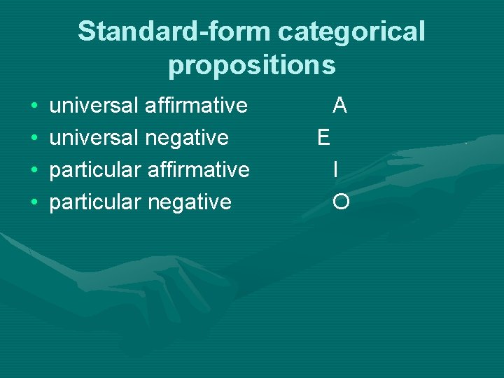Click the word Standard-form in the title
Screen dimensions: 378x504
[174, 31]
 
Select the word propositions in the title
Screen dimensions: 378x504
[252, 65]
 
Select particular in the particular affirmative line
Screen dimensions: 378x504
[94, 170]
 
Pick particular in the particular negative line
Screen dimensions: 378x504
[94, 202]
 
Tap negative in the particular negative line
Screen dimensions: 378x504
[188, 202]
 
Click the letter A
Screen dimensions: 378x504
[340, 106]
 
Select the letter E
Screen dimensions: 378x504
[323, 138]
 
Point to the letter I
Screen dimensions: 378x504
[337, 170]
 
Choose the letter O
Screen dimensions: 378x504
[342, 202]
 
